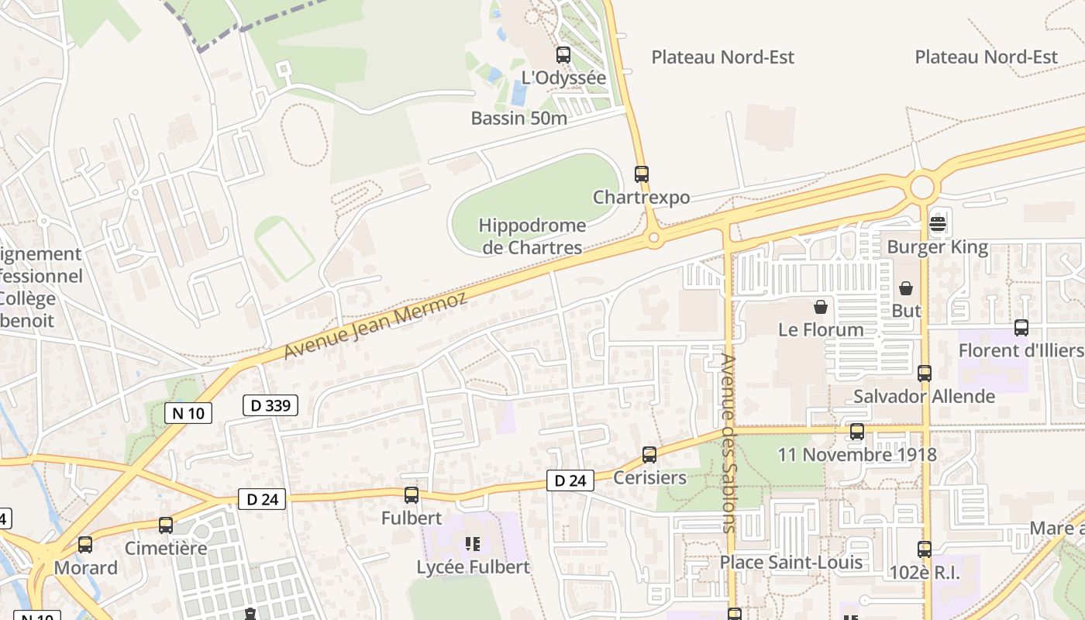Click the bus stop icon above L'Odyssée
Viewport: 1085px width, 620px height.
coord(563,55)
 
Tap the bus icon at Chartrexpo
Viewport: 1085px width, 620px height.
coord(641,174)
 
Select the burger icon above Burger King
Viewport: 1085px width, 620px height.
coord(938,225)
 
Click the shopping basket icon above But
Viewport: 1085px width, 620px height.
coord(906,288)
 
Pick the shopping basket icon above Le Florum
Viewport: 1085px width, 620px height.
coord(821,307)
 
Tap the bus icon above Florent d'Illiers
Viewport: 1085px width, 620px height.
coord(1021,328)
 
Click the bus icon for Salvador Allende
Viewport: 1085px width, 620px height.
coord(925,374)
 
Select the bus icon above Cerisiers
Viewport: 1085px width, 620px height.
coord(649,455)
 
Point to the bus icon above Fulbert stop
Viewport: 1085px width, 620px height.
coord(412,495)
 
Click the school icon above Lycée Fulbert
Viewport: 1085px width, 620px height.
coord(473,544)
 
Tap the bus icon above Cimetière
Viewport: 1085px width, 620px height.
coord(166,525)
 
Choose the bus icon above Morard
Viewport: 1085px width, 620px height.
coord(85,545)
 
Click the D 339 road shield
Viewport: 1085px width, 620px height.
coord(270,405)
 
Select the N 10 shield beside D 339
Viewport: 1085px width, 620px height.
coord(188,413)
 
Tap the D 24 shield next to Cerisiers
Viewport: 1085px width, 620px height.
coord(570,480)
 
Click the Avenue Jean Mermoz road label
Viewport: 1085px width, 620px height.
coord(376,325)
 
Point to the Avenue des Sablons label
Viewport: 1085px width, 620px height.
coord(728,443)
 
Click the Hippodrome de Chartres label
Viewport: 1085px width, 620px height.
coord(532,236)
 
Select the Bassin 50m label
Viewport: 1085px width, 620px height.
coord(519,119)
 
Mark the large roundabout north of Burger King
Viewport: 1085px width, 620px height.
coord(922,188)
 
